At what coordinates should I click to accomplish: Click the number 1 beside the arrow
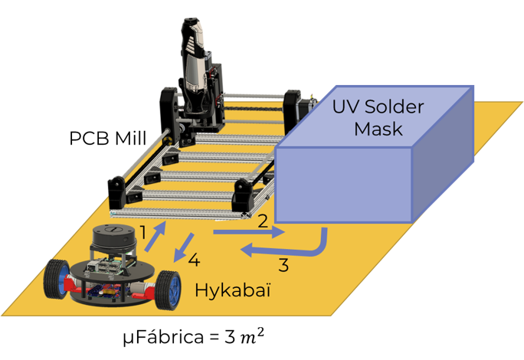click(143, 231)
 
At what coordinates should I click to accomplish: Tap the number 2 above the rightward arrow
click(262, 222)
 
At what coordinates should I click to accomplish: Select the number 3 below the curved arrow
click(283, 266)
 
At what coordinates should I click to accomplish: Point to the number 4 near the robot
click(194, 260)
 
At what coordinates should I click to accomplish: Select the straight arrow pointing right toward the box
click(248, 231)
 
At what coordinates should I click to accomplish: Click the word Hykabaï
click(234, 291)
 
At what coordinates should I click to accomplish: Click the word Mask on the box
click(378, 129)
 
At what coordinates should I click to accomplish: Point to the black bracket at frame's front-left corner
click(117, 191)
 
